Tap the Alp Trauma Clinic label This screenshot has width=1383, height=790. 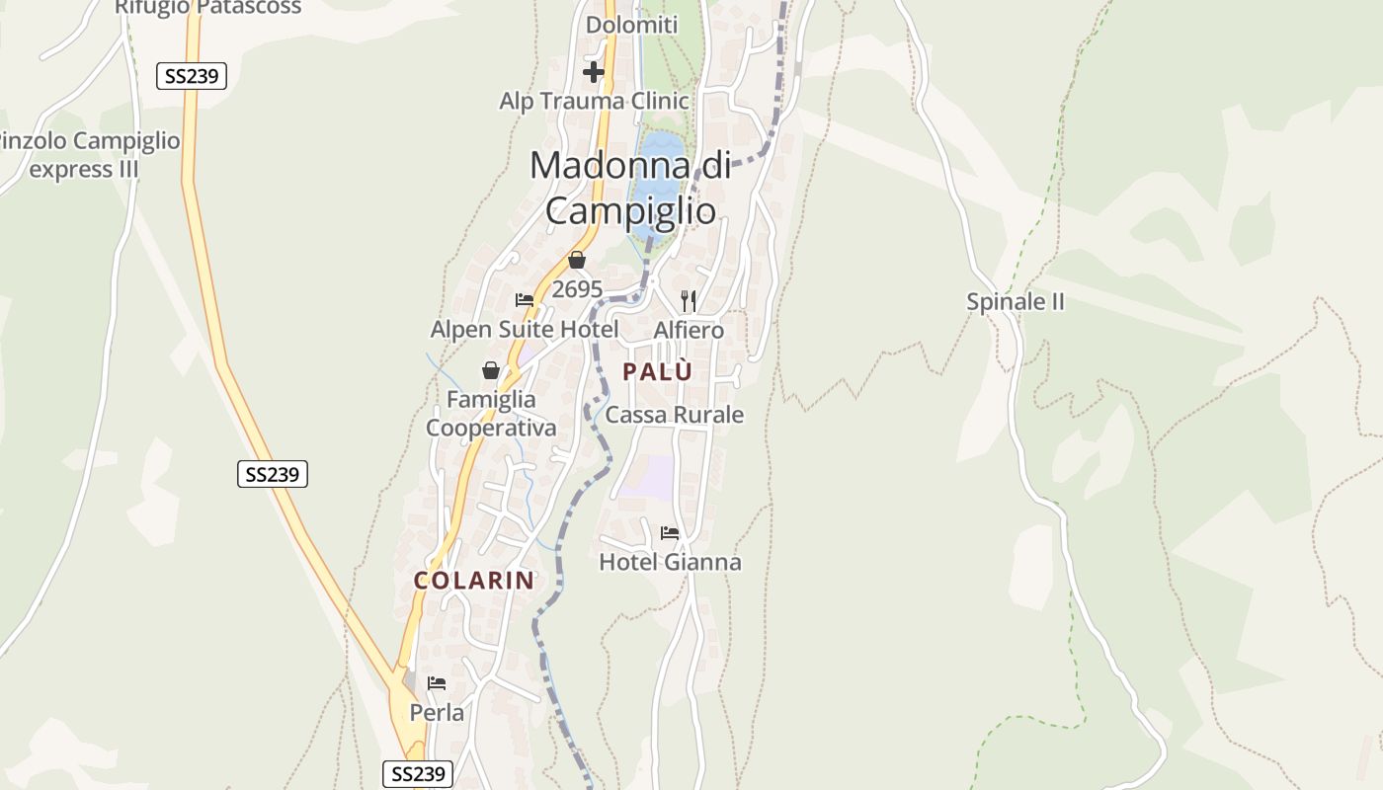pyautogui.click(x=594, y=101)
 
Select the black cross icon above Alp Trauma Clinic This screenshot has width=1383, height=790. pyautogui.click(x=593, y=72)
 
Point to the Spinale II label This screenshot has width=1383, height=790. pyautogui.click(x=1015, y=302)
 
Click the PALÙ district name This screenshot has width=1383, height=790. pyautogui.click(x=657, y=372)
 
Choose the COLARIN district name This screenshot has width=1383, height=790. pyautogui.click(x=474, y=581)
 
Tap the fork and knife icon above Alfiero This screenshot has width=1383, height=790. pyautogui.click(x=689, y=300)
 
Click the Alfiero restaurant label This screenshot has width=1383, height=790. pyautogui.click(x=689, y=330)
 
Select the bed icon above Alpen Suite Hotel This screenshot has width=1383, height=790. pyautogui.click(x=525, y=300)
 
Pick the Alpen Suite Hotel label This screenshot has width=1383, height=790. pyautogui.click(x=525, y=329)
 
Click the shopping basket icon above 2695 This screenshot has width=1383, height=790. pyautogui.click(x=577, y=260)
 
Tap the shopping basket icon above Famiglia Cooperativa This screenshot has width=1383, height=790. pyautogui.click(x=491, y=370)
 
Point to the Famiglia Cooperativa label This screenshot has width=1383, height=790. pyautogui.click(x=491, y=414)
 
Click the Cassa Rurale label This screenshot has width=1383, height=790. pyautogui.click(x=674, y=415)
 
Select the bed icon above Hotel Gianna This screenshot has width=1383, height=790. pyautogui.click(x=670, y=533)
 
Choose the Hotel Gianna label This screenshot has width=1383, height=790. pyautogui.click(x=670, y=562)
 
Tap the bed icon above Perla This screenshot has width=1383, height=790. pyautogui.click(x=437, y=683)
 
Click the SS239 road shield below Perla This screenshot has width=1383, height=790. pyautogui.click(x=417, y=773)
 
